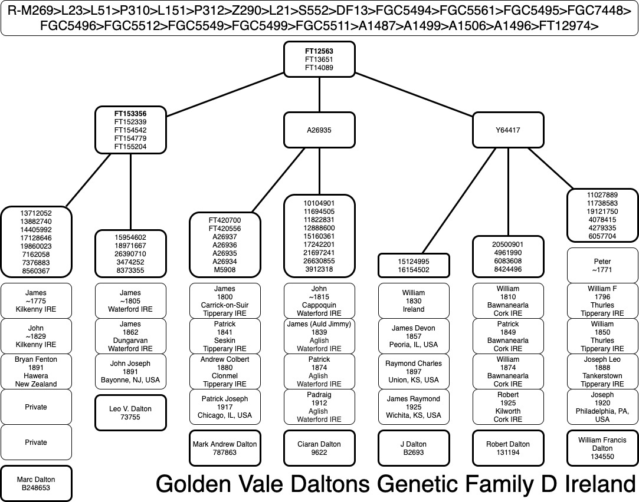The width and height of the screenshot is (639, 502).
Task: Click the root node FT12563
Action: (319, 59)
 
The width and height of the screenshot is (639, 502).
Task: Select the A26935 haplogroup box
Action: (319, 130)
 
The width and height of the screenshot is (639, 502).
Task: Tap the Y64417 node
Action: (508, 130)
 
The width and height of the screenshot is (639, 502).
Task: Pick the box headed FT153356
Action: (130, 130)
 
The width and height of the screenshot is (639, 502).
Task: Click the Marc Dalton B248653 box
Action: (36, 484)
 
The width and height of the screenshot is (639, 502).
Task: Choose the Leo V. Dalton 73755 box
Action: (130, 413)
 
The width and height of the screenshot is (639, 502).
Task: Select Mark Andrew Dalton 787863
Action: (225, 448)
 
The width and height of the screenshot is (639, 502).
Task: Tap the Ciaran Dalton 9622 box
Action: (319, 448)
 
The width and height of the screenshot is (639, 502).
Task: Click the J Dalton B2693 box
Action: (414, 448)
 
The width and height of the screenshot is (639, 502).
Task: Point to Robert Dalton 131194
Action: (508, 448)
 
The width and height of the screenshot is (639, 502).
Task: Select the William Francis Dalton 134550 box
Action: (602, 448)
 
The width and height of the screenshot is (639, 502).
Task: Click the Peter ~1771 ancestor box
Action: (602, 265)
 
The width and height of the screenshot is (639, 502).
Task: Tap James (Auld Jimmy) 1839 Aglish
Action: (319, 336)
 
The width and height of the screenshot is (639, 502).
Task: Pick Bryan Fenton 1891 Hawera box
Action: (36, 371)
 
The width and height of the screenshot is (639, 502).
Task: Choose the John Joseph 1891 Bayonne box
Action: (130, 371)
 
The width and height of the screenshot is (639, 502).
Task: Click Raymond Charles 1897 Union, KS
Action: (414, 371)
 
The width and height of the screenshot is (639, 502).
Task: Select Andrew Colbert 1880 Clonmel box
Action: (225, 371)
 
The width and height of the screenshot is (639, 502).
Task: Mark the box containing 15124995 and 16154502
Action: (414, 265)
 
